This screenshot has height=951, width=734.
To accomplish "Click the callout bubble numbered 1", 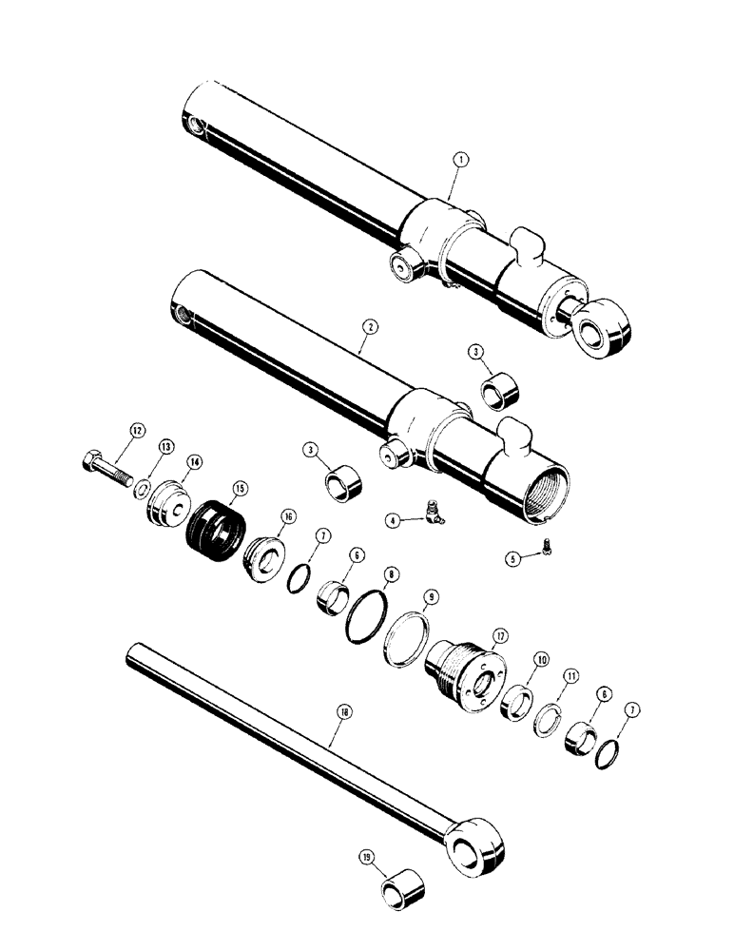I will pyautogui.click(x=459, y=163).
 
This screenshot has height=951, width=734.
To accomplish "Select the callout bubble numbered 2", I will pyautogui.click(x=370, y=325).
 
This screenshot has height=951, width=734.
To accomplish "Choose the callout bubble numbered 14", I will pyautogui.click(x=194, y=461).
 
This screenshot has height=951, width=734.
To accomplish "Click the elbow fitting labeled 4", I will pyautogui.click(x=436, y=514).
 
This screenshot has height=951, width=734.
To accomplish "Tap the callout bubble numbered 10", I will pyautogui.click(x=541, y=659).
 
